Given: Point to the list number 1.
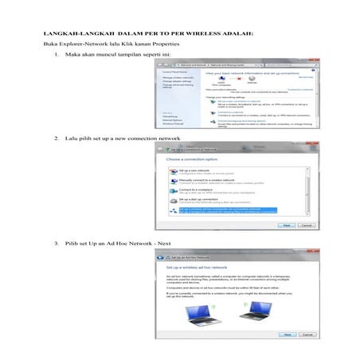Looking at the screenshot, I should point(57,54).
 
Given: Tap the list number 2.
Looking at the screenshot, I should point(57,139).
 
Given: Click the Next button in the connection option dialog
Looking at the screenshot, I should point(284,225).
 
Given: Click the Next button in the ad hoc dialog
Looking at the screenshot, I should point(284,335).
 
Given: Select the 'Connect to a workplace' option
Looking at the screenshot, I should point(192,190).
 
